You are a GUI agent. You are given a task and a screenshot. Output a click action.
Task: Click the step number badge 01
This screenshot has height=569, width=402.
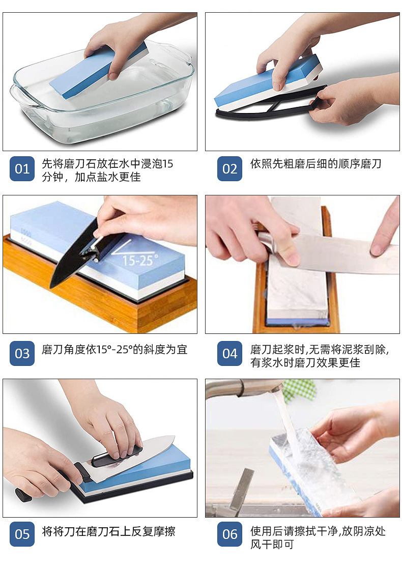22,168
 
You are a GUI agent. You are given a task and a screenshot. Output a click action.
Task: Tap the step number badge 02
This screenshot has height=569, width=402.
230,168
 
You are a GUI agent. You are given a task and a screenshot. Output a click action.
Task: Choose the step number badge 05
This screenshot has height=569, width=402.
22,534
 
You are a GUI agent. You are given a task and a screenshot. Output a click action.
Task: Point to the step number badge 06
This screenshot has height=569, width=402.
230,534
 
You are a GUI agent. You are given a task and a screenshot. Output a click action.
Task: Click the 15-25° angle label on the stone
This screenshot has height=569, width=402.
139,261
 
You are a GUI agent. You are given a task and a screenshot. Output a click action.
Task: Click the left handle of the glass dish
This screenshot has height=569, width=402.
23,97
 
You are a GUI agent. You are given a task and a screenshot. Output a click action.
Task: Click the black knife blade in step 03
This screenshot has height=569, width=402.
74,257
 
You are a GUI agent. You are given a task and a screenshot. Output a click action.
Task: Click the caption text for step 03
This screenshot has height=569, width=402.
114,350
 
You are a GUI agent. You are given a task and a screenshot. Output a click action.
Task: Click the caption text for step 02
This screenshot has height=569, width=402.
315,164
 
